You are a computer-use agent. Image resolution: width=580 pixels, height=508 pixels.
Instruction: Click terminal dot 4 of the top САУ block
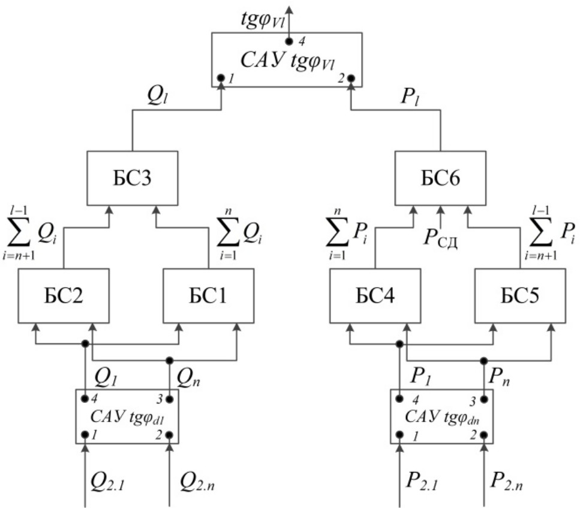[x=289, y=41]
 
